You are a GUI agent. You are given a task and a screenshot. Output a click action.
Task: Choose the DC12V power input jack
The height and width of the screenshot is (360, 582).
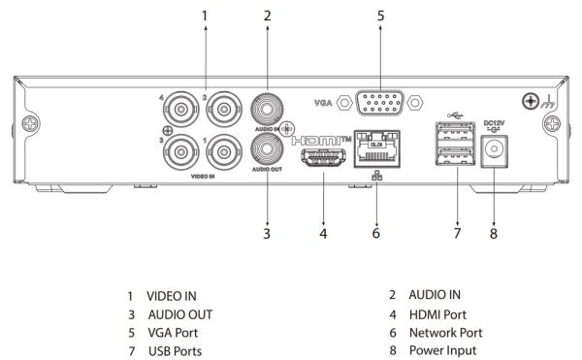click(x=495, y=147)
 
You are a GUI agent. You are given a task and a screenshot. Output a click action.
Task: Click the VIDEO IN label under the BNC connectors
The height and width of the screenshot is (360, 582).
click(x=205, y=175)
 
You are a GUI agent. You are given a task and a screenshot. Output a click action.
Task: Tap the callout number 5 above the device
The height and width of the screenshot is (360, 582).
click(x=380, y=16)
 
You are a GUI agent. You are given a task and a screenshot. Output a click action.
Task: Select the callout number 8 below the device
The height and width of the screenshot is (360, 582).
click(x=494, y=234)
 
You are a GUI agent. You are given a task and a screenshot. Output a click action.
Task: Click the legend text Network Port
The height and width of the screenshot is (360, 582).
click(x=444, y=332)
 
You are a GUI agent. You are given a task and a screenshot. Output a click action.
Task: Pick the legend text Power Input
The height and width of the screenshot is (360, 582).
click(x=442, y=350)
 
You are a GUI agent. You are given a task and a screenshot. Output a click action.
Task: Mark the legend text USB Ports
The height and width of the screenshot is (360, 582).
click(x=175, y=350)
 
